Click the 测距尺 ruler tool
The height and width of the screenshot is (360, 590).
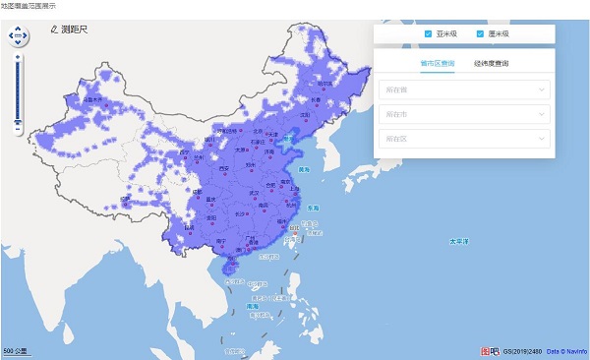point(67,30)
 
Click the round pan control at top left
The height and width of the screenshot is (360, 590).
point(18,37)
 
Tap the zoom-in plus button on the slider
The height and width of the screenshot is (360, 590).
point(18,56)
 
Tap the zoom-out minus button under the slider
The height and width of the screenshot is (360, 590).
point(18,128)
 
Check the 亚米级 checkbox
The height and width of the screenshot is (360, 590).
point(429,34)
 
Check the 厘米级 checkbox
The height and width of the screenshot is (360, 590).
point(482,34)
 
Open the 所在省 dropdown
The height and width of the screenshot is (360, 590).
point(462,90)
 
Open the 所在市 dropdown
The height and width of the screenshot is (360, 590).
point(462,114)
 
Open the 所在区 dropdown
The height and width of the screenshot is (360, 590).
point(462,139)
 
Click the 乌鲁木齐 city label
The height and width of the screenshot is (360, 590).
point(94,98)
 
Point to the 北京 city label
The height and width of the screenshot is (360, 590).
point(258,130)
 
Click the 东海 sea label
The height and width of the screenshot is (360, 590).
point(313,209)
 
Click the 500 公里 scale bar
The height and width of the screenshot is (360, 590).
point(17,350)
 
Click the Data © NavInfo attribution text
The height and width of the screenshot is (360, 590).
point(565,351)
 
